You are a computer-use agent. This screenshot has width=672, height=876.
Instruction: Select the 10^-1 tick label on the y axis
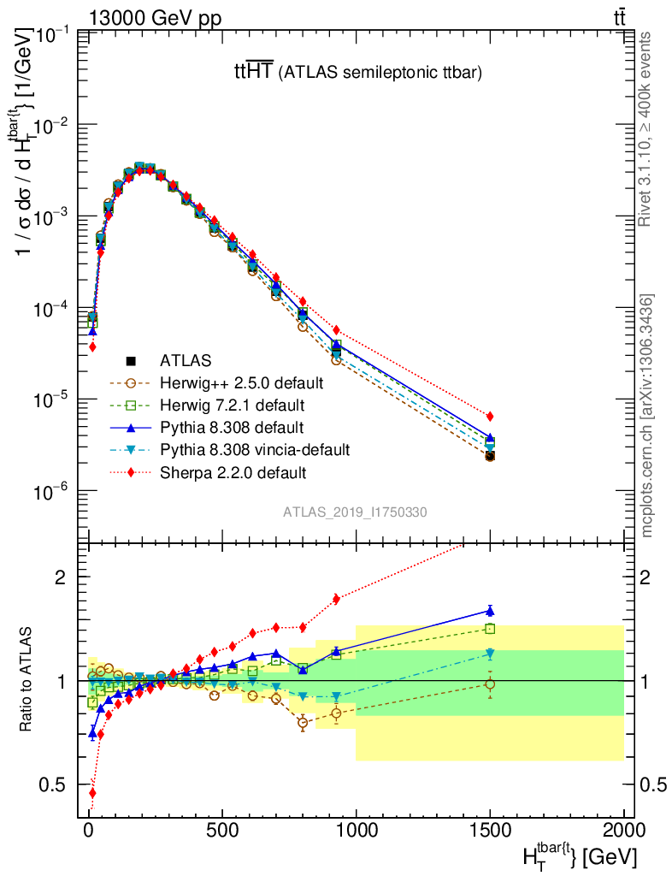[52, 33]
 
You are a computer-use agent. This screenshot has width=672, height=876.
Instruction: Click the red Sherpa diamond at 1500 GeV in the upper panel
[490, 417]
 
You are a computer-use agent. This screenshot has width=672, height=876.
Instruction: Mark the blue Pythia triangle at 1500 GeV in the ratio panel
[490, 610]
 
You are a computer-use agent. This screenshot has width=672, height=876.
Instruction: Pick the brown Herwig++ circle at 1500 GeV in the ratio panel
[490, 684]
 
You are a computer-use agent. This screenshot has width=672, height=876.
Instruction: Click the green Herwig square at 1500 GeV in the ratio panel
[490, 629]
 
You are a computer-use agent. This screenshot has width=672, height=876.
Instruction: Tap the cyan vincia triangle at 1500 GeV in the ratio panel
[490, 654]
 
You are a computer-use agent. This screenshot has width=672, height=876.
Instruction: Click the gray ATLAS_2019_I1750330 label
[355, 512]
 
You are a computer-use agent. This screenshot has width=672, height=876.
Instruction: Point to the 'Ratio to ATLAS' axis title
[27, 679]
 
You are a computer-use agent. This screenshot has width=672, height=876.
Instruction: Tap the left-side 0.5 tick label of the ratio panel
[58, 784]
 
